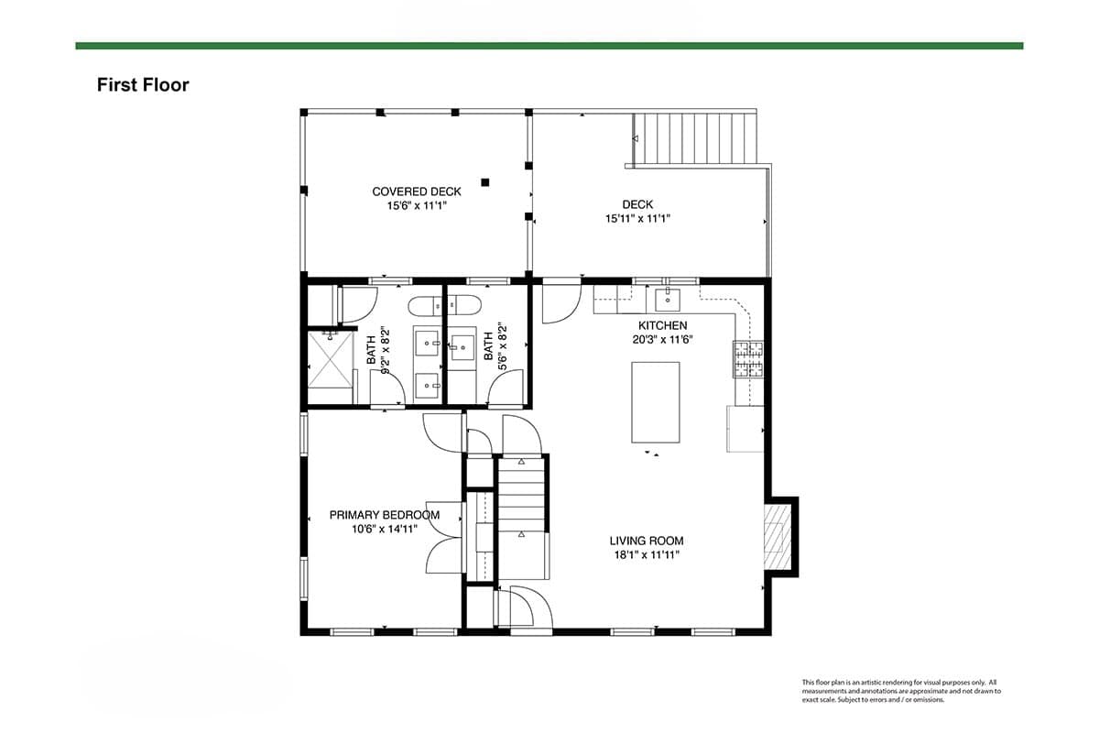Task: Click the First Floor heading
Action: (x=143, y=85)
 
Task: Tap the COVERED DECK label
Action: (x=417, y=191)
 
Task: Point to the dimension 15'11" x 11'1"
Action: (x=637, y=218)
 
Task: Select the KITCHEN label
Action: (x=662, y=325)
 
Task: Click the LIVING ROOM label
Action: (x=647, y=541)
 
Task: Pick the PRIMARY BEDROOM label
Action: (x=384, y=515)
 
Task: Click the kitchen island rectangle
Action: (x=656, y=402)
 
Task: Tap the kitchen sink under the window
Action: (x=668, y=300)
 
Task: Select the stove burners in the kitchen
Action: (x=749, y=359)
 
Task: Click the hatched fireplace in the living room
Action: (x=778, y=537)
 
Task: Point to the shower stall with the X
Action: (x=331, y=360)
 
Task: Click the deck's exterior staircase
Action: (x=695, y=138)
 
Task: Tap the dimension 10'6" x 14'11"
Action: (x=384, y=530)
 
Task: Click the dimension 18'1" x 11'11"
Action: (x=647, y=555)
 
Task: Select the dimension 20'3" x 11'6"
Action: (x=662, y=339)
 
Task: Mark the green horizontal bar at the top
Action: (x=549, y=46)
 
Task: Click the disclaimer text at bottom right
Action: (x=901, y=691)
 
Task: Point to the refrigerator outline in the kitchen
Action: (x=745, y=429)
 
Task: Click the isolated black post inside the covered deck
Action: (x=485, y=182)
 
